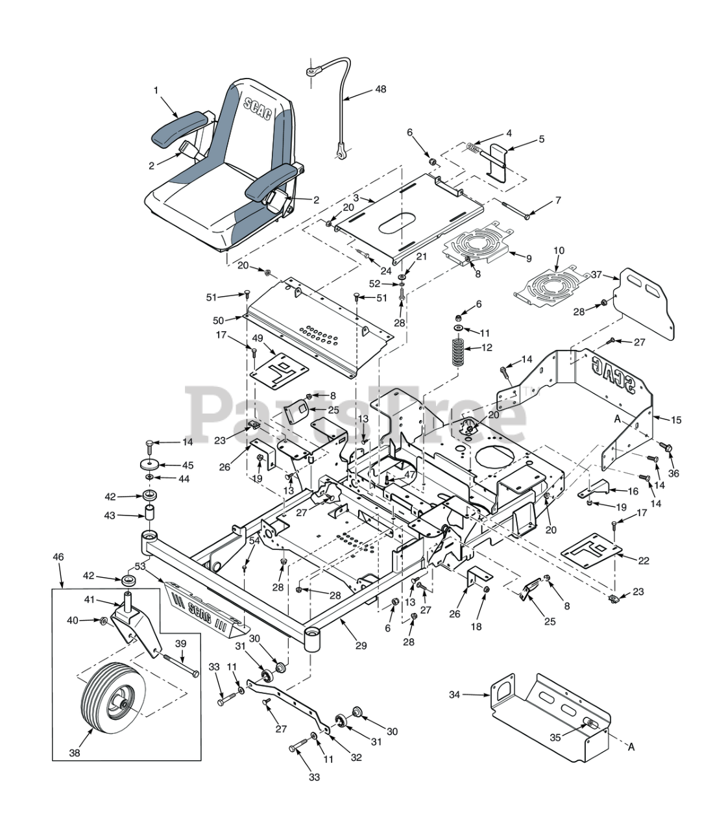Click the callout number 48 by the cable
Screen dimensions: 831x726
pos(380,89)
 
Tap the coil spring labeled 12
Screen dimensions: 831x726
pos(459,354)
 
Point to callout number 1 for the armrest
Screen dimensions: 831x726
pos(156,90)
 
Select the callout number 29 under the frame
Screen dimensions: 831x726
pos(361,645)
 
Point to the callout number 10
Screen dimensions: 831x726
pos(559,251)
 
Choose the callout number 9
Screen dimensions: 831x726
pos(528,258)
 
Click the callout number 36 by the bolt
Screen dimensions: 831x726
pos(673,474)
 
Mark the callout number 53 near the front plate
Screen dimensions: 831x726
pos(140,567)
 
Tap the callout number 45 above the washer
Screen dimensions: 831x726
pos(188,465)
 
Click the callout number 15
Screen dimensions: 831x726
pos(676,420)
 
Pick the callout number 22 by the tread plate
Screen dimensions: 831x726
pos(643,560)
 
